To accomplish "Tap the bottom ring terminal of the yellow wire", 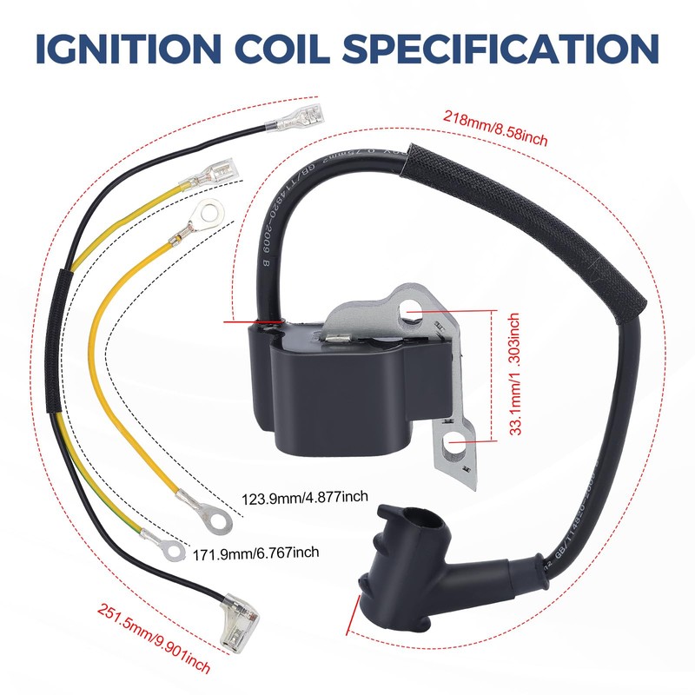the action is click(213, 520).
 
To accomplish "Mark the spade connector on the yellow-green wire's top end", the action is click(222, 167).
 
